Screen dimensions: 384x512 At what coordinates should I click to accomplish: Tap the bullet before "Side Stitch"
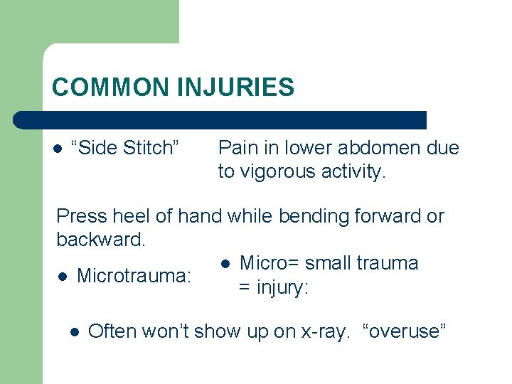pos(58,149)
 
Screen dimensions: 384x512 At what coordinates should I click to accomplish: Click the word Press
pos(80,215)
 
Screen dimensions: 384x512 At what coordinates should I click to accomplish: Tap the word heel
pos(127,215)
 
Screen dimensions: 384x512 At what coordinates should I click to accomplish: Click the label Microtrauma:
pos(134,275)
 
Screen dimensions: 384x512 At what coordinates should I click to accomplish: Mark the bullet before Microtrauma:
pos(62,276)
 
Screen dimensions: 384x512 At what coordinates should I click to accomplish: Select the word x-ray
pos(323,331)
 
